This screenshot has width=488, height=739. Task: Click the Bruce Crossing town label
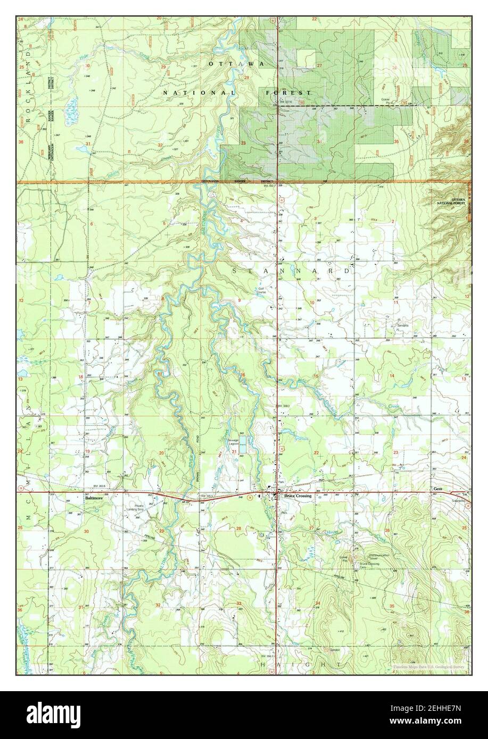[x=297, y=496]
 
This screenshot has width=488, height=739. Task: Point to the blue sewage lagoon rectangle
[x=242, y=449]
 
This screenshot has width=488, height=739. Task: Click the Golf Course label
[x=261, y=290]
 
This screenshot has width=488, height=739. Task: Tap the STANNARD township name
[x=292, y=271]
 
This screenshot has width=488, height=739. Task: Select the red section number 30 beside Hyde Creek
[x=88, y=65]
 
